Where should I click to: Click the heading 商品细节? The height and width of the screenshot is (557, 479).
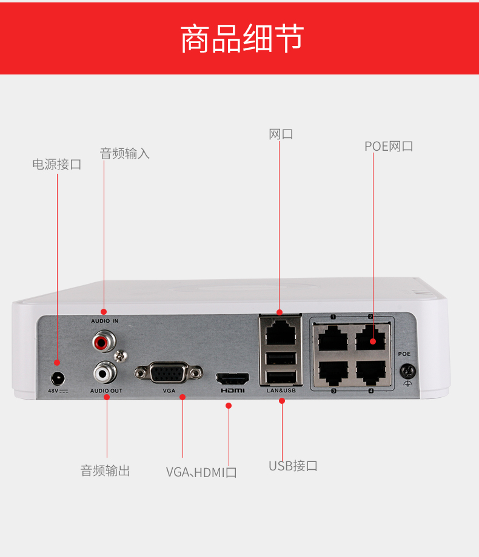point(242,39)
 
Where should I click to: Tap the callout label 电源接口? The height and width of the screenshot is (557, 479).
point(56,164)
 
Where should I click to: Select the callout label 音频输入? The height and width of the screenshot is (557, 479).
point(124,153)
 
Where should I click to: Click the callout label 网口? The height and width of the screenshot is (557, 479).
point(281,134)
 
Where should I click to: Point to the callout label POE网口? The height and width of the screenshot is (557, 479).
point(389,146)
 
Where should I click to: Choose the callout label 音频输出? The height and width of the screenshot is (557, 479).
point(106,470)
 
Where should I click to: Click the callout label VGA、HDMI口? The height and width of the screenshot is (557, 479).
point(201,472)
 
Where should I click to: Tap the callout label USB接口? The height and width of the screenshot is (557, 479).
point(293,466)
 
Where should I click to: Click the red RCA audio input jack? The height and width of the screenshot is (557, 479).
point(102,343)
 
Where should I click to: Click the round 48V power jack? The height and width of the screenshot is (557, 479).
point(58,378)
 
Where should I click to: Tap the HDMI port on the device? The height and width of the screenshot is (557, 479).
point(232,380)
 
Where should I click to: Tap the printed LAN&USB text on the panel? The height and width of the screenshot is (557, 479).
point(281,391)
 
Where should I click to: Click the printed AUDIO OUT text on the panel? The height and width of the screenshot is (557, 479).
point(106,391)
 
